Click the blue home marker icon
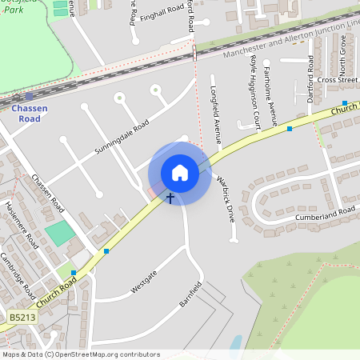click(180, 172)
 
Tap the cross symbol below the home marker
click(170, 197)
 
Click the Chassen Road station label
click(30, 113)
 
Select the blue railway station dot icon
click(30, 95)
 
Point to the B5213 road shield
click(23, 318)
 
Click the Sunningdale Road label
click(122, 138)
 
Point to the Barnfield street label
click(189, 293)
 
